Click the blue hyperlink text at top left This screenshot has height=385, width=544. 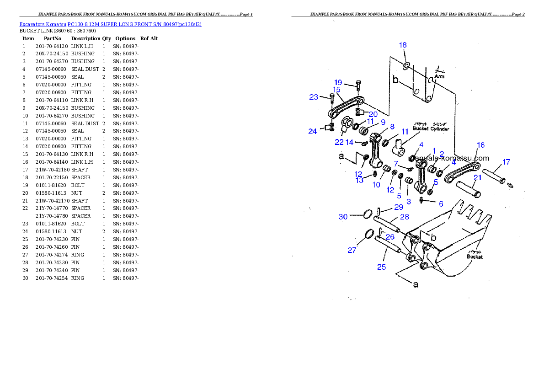(x=110, y=24)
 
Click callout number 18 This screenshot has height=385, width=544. (x=403, y=45)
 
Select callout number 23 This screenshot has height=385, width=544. (x=313, y=97)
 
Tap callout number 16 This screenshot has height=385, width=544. (x=480, y=145)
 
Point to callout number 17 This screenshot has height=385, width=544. (x=506, y=162)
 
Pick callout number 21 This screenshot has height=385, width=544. (x=477, y=177)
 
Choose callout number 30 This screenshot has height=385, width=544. (x=343, y=217)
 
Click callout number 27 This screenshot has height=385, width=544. (x=352, y=250)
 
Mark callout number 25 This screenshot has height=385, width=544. (x=381, y=267)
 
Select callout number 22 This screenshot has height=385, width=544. (x=339, y=142)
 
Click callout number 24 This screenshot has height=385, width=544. (x=312, y=131)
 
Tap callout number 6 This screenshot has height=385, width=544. (x=441, y=204)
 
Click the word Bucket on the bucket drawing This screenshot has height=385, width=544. (x=475, y=257)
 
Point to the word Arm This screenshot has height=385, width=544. (x=439, y=76)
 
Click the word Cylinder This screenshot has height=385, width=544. (x=440, y=129)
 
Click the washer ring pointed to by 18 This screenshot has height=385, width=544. (x=406, y=66)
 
